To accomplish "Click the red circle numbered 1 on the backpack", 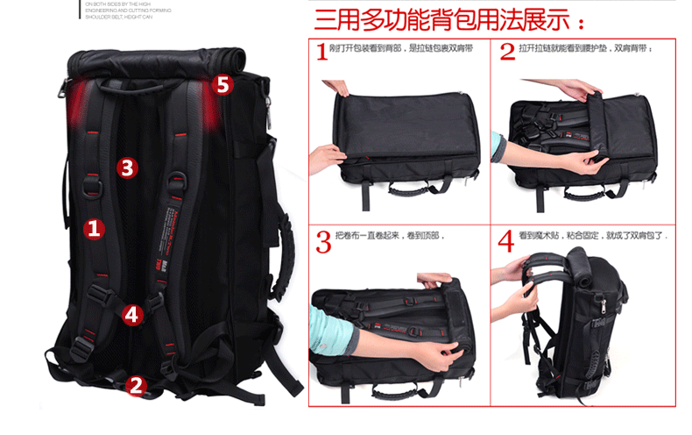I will pyautogui.click(x=94, y=229).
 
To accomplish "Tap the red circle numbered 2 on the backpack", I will pyautogui.click(x=136, y=383).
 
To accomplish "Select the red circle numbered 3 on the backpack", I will pyautogui.click(x=128, y=167).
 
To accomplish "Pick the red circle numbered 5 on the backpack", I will pyautogui.click(x=222, y=84).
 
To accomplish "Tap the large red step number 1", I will pyautogui.click(x=322, y=53).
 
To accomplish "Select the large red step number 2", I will pyautogui.click(x=506, y=53).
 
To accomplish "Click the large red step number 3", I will pyautogui.click(x=323, y=242).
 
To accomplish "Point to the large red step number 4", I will pyautogui.click(x=506, y=242).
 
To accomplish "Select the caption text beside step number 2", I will pyautogui.click(x=586, y=48).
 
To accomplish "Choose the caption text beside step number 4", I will pyautogui.click(x=592, y=236).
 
